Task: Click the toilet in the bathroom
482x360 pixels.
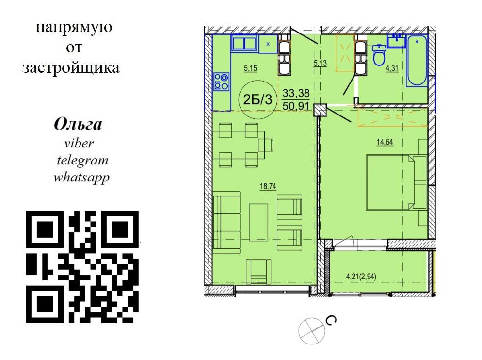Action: [379, 55]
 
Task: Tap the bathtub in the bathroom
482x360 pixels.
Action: [417, 61]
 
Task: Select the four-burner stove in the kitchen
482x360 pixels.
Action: [221, 82]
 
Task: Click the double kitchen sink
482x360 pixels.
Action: [244, 43]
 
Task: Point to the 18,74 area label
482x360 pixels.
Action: [268, 186]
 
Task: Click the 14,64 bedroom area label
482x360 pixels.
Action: [385, 142]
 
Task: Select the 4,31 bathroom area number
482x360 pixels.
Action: [392, 68]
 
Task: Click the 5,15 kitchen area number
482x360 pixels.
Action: [251, 68]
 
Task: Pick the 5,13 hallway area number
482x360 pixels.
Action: [320, 64]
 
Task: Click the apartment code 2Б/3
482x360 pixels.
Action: [257, 99]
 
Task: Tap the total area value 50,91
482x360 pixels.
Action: [296, 106]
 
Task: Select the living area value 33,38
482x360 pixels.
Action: [296, 93]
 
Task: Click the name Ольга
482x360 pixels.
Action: [78, 125]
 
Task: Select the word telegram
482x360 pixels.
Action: [82, 160]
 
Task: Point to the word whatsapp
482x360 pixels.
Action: [81, 178]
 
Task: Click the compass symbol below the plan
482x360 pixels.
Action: [312, 331]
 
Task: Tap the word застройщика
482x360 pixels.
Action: [71, 68]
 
